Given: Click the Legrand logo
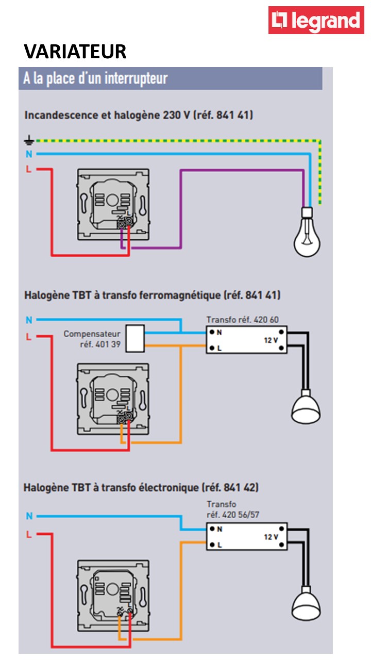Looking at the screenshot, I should click(316, 21).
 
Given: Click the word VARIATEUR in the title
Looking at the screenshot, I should click(75, 52).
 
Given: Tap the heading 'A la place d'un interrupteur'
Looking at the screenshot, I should click(96, 79).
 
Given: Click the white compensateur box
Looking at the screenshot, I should click(135, 338).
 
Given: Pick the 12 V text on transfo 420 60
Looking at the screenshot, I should click(271, 341).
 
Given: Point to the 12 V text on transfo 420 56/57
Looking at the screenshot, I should click(271, 537).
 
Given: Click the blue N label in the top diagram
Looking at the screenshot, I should click(29, 154).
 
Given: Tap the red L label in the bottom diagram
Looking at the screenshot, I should click(29, 534).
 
